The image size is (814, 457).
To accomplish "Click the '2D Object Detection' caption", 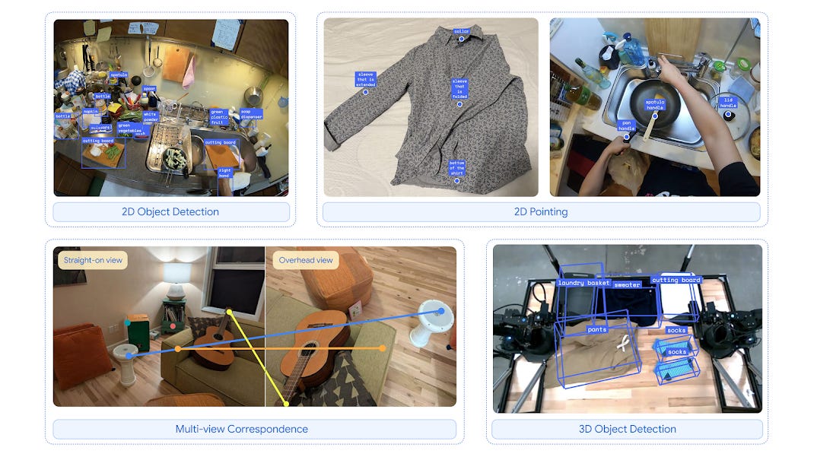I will coord(170,211).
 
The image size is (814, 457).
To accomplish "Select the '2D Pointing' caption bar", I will coord(541,211).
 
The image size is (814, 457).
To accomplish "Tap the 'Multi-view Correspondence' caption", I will coord(241,429).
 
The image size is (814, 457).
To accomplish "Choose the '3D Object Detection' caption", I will coord(627,429).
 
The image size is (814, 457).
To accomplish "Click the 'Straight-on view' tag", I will coord(93,260).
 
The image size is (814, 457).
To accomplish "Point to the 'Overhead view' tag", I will coord(305,260).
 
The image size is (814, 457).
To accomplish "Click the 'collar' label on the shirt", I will coord(461,31).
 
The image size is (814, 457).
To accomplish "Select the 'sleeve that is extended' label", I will coord(365,79).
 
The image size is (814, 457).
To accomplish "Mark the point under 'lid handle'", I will coord(728,115).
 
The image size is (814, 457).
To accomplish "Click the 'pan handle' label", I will coord(626,125).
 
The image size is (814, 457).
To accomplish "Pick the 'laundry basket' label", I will coord(583,283).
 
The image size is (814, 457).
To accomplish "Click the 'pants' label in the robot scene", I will coord(597,330).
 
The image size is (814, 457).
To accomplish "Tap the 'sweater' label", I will coord(628,285).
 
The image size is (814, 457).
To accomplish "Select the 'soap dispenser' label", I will coord(251,114).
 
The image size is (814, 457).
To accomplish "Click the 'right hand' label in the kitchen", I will coord(224,173).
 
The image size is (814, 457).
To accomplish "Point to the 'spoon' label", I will coord(150,88).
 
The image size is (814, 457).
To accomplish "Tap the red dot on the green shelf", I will coord(173,325).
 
